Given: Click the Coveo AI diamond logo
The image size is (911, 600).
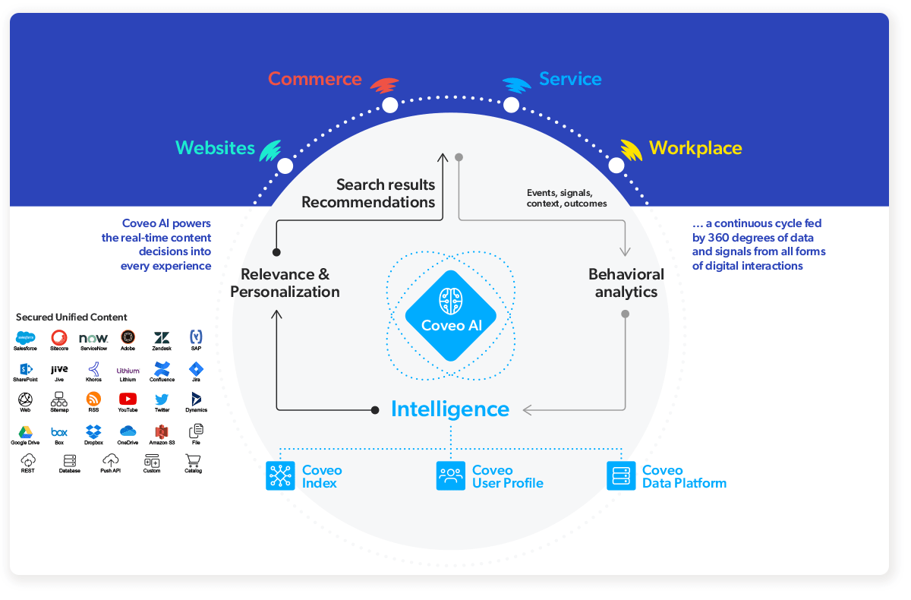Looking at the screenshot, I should click(x=451, y=315).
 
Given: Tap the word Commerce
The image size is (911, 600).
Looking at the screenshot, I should click(x=315, y=79).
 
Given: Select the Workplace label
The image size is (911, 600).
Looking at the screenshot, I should click(x=695, y=148).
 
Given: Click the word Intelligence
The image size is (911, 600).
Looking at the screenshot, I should click(x=450, y=409).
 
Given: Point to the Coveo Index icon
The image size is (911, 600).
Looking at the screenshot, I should click(x=280, y=476).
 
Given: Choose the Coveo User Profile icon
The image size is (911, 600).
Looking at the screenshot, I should click(x=451, y=476).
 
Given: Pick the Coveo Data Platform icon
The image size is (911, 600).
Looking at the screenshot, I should click(x=621, y=476).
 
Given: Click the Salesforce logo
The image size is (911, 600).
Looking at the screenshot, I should click(x=25, y=337).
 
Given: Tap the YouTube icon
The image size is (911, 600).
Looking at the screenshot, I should click(x=128, y=399).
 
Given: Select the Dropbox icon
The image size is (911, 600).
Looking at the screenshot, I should click(x=93, y=431).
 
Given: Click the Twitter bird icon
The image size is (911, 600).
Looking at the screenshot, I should click(x=162, y=399).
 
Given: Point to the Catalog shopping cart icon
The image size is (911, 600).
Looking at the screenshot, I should click(x=193, y=460).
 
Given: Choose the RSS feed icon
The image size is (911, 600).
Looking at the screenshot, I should click(x=93, y=399).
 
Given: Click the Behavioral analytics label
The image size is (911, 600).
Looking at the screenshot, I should click(x=626, y=283).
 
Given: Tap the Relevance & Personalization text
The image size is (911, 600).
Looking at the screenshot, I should click(x=285, y=283).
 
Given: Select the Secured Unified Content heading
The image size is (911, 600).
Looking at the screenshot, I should click(x=71, y=317).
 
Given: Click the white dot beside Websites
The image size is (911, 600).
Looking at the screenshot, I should click(x=285, y=166).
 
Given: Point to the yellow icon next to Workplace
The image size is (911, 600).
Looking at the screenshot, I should click(x=632, y=150).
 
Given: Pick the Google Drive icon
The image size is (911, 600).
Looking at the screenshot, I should click(x=25, y=432).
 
